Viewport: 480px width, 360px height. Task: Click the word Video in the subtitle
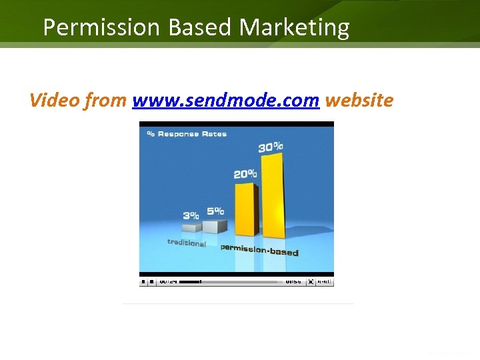coord(54,101)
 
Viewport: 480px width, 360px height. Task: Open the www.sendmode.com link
coord(226,101)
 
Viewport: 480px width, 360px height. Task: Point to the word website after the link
coord(359,101)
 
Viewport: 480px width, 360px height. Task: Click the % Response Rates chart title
coord(187,133)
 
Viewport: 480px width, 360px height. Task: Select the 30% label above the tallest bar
coord(271,147)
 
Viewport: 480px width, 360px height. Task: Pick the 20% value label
coord(245,174)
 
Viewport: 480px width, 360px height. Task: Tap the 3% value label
coord(191,215)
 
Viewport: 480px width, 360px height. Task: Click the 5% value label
coord(215,211)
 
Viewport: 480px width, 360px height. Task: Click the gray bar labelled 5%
coord(215,226)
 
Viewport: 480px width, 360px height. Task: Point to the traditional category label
coord(186,243)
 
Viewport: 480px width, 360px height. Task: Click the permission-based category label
coord(259,249)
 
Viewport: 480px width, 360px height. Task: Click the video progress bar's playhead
coord(201,282)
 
